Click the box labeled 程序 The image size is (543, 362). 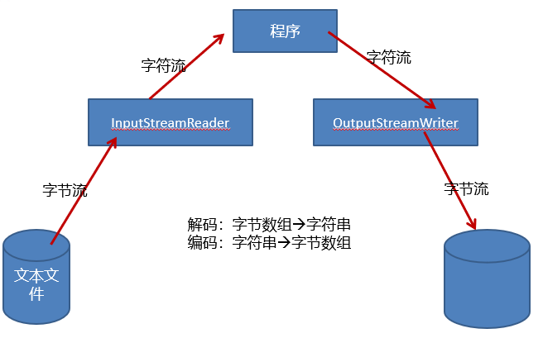tap(284, 31)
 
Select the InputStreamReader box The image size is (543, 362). tap(170, 122)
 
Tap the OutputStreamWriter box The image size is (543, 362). tap(395, 122)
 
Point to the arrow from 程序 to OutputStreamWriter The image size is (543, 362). tap(382, 70)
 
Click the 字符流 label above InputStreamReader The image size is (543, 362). tap(163, 66)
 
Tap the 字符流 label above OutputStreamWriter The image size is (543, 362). tap(389, 58)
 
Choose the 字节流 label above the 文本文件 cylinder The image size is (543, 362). tap(65, 190)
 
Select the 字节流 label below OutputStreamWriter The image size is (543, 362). tap(466, 188)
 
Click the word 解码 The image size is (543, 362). tap(202, 225)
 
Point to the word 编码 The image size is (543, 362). tap(202, 243)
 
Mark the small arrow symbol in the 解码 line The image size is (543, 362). tap(299, 225)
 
